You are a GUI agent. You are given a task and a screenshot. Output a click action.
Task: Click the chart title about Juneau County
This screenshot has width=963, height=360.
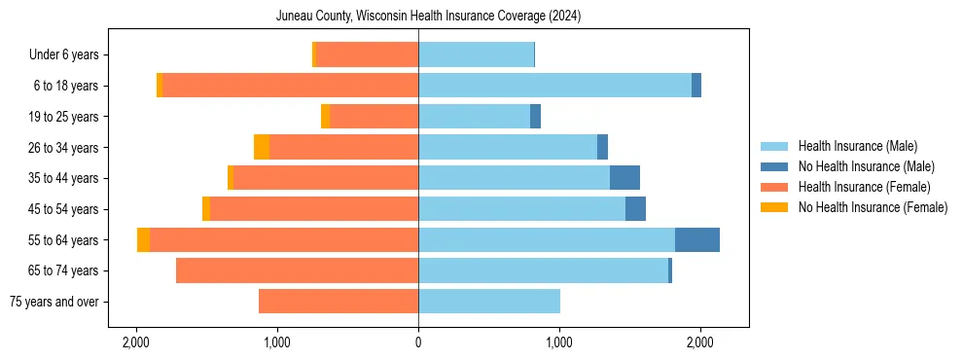(x=428, y=17)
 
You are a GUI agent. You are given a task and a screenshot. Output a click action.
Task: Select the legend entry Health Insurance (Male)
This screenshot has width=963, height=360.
(x=857, y=146)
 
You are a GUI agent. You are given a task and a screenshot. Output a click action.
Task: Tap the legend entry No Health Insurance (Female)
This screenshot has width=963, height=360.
(x=873, y=207)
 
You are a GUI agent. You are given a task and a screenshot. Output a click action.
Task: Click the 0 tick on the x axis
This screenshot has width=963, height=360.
(x=418, y=342)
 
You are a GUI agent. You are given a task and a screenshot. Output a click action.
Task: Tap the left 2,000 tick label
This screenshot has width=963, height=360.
(x=136, y=342)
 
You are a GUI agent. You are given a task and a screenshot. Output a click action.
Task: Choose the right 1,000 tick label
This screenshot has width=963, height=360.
(x=559, y=342)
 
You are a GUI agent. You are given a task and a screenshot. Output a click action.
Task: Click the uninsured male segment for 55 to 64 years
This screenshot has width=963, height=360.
(x=697, y=239)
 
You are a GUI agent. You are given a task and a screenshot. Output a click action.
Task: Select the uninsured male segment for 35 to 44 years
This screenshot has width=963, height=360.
(x=624, y=178)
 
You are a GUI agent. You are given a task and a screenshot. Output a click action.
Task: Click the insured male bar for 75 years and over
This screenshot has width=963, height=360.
(x=489, y=302)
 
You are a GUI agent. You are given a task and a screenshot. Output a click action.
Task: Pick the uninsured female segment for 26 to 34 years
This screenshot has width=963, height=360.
(x=262, y=147)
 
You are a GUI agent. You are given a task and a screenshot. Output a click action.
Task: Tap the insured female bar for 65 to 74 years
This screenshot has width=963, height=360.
(x=297, y=270)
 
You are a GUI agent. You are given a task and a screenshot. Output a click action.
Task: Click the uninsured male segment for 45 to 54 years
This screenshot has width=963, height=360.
(x=635, y=209)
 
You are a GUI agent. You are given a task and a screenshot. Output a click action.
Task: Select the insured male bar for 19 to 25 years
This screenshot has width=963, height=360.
(x=474, y=117)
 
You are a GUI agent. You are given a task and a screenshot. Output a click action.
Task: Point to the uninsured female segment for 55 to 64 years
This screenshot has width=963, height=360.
(x=144, y=239)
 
